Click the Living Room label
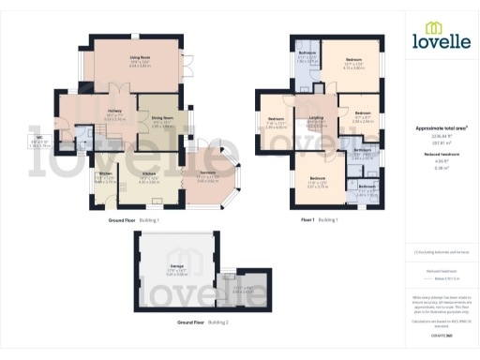(140, 57)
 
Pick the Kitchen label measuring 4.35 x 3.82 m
(149, 173)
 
